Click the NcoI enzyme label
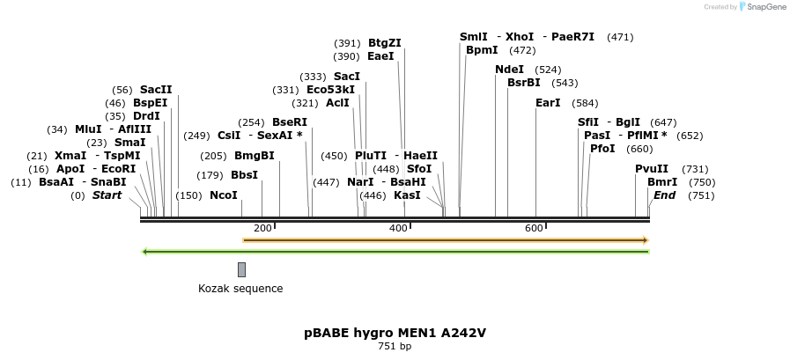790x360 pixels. click(x=224, y=195)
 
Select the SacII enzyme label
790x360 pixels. click(x=156, y=90)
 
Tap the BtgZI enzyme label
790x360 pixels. click(x=384, y=43)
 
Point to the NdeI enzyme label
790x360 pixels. click(x=509, y=70)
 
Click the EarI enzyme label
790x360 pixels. click(x=548, y=103)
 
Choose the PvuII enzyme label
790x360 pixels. click(x=652, y=169)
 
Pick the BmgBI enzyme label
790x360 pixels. click(x=255, y=156)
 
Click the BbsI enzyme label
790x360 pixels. click(x=244, y=175)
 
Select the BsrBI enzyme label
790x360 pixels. click(x=524, y=83)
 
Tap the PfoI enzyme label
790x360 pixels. click(x=602, y=149)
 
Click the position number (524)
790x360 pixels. click(x=549, y=70)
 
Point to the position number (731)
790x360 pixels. click(x=695, y=169)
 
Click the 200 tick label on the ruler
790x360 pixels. click(x=262, y=229)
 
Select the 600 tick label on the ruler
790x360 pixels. click(x=534, y=229)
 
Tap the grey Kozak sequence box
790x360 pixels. click(x=241, y=269)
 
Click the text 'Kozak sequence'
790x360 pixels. click(x=240, y=289)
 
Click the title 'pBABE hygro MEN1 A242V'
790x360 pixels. click(x=395, y=333)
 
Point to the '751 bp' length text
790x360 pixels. click(x=395, y=347)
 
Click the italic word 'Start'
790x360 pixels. click(x=107, y=195)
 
